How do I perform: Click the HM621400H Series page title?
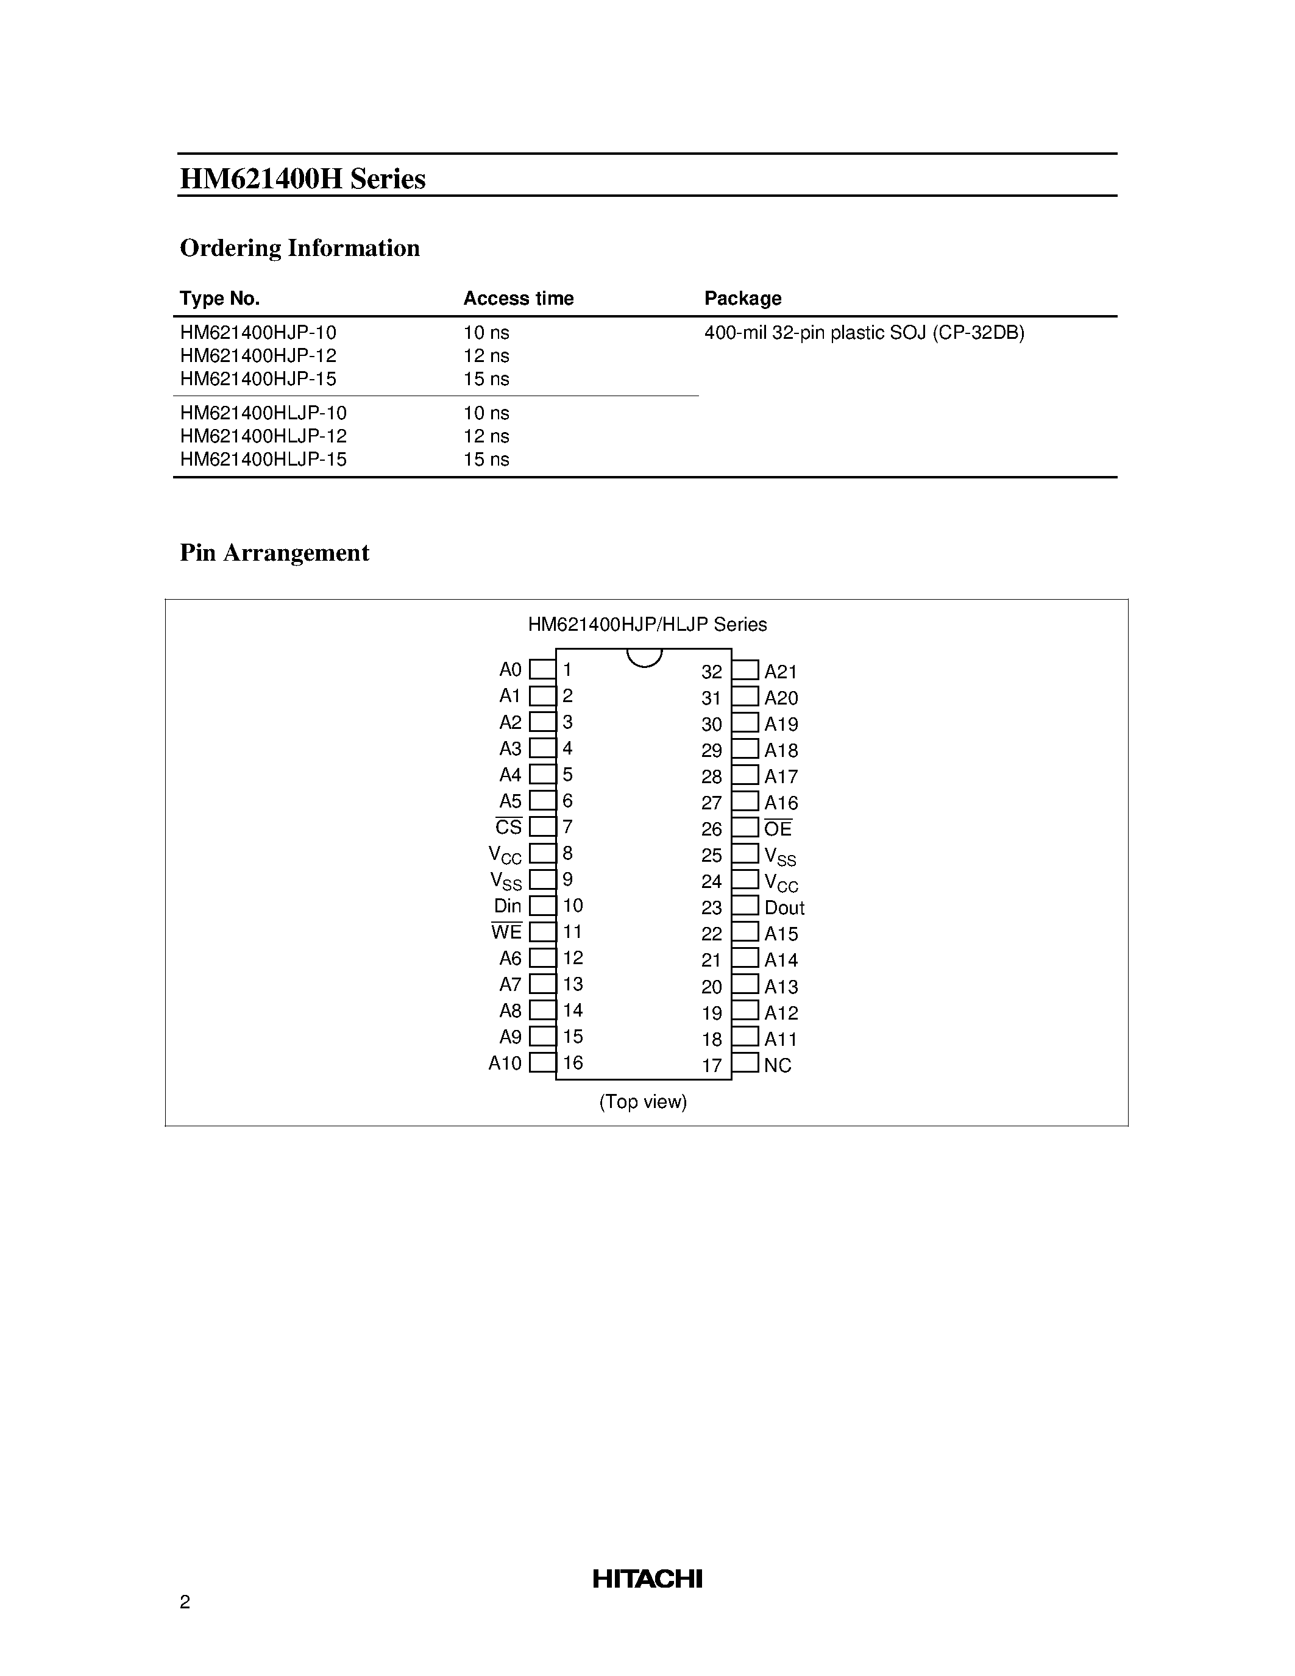[302, 179]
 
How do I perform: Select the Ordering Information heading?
[299, 248]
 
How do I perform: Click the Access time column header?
[518, 299]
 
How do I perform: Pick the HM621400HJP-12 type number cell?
[258, 355]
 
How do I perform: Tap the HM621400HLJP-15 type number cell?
[263, 459]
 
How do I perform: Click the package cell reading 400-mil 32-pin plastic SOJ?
[864, 332]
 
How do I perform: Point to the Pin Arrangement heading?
[274, 553]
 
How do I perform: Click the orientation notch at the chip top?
[644, 658]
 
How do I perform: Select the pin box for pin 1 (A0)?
[542, 669]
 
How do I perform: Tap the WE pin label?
[506, 932]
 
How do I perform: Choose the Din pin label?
[507, 906]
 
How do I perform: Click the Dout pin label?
[784, 908]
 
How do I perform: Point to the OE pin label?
[778, 829]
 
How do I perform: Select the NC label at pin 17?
[777, 1065]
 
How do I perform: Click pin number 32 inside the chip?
[711, 672]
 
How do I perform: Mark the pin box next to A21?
[745, 670]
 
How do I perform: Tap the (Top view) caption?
[643, 1102]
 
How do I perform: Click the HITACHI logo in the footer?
[647, 1578]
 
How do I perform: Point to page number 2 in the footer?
[185, 1602]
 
